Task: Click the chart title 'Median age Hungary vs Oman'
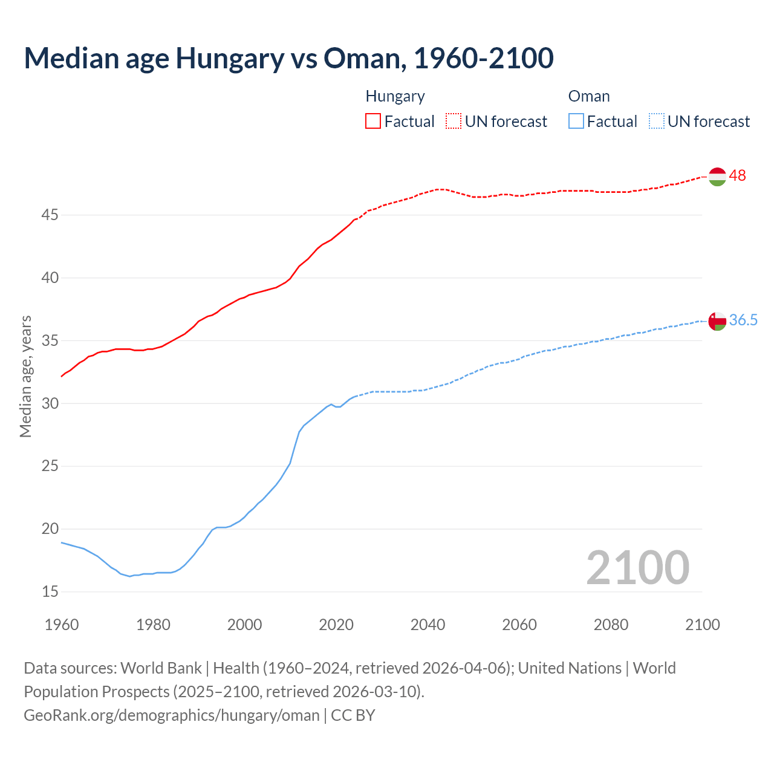(x=288, y=58)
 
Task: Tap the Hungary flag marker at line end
(x=717, y=177)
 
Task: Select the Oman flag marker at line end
(x=717, y=321)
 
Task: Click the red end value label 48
(x=737, y=176)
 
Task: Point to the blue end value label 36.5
(x=743, y=320)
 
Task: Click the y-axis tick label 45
(x=50, y=215)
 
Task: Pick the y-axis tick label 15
(x=50, y=592)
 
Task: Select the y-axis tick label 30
(x=50, y=403)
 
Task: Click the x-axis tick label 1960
(x=62, y=625)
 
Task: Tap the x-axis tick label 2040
(x=428, y=625)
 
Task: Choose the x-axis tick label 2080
(x=611, y=625)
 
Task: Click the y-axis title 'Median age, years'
(x=25, y=376)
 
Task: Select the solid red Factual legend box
(x=373, y=122)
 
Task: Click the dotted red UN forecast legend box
(x=454, y=122)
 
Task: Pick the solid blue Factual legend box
(x=576, y=122)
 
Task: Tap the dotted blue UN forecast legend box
(x=656, y=122)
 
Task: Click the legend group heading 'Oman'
(x=589, y=97)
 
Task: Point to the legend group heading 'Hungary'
(x=395, y=97)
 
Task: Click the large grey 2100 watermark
(x=637, y=568)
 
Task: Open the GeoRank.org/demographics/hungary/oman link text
(x=172, y=715)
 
